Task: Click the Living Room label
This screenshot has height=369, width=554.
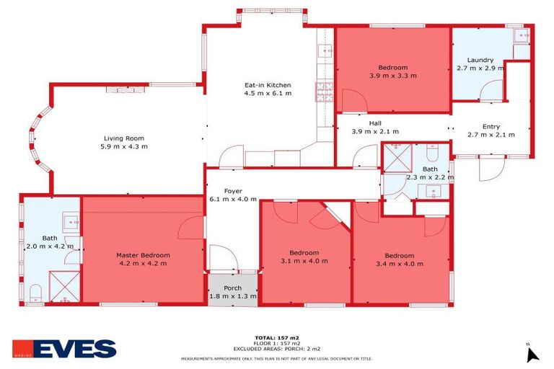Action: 125,138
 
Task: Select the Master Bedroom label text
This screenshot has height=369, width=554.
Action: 143,255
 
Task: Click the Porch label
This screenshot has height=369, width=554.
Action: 232,288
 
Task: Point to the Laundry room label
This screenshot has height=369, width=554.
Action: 480,60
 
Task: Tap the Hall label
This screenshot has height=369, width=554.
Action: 375,123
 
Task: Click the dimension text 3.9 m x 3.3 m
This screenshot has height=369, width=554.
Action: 392,76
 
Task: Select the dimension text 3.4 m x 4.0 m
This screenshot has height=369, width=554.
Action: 399,264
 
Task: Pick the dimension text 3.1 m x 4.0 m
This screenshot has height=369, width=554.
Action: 304,261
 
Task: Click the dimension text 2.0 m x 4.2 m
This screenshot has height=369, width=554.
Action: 49,246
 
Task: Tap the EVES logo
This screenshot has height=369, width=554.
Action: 64,350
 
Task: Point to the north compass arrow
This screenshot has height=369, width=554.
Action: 532,355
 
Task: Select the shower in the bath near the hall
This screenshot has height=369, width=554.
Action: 396,158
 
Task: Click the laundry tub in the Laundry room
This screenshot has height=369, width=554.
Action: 519,35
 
